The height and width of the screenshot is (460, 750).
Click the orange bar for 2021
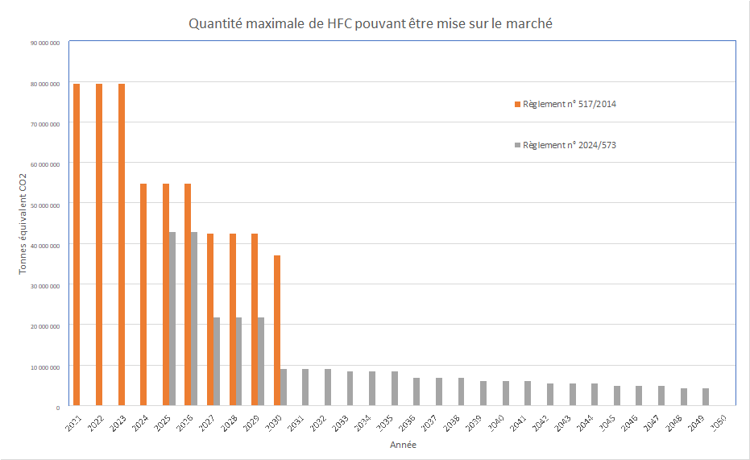[x=77, y=245]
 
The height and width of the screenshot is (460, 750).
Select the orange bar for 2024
[x=143, y=295]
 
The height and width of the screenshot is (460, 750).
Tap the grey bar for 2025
[x=172, y=319]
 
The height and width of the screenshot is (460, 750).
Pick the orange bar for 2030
[x=277, y=330]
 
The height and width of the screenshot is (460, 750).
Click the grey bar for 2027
[x=216, y=362]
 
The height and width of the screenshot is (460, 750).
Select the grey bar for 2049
[x=706, y=397]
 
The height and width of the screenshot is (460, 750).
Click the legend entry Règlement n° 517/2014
[x=570, y=104]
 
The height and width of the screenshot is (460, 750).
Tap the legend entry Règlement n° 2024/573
[x=570, y=145]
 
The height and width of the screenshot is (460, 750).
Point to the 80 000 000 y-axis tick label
[x=46, y=83]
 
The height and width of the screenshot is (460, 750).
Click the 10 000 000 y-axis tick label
[x=46, y=367]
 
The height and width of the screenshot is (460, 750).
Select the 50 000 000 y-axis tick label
[x=46, y=205]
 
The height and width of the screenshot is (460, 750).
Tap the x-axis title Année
[x=403, y=445]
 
